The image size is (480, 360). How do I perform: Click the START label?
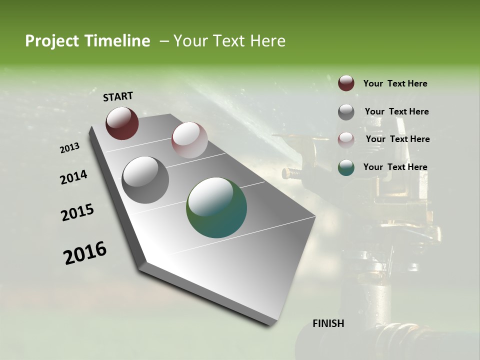pyautogui.click(x=118, y=96)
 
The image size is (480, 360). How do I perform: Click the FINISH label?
pyautogui.click(x=328, y=323)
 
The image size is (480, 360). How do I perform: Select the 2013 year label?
pyautogui.click(x=70, y=148)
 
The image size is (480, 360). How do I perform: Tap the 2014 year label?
pyautogui.click(x=74, y=177)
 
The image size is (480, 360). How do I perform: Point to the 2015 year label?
pyautogui.click(x=77, y=212)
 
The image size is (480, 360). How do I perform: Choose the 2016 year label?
pyautogui.click(x=85, y=252)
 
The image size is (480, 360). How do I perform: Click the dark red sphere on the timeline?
pyautogui.click(x=122, y=123)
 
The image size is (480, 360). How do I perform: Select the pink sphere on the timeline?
pyautogui.click(x=189, y=139)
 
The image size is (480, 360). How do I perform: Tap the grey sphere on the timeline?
pyautogui.click(x=145, y=179)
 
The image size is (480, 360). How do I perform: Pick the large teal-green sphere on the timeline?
pyautogui.click(x=216, y=207)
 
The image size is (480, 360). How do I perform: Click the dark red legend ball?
pyautogui.click(x=346, y=83)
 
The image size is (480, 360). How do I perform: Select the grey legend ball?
pyautogui.click(x=346, y=111)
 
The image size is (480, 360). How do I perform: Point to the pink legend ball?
pyautogui.click(x=346, y=139)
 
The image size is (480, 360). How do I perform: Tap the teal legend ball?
pyautogui.click(x=346, y=167)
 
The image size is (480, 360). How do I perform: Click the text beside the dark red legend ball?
pyautogui.click(x=395, y=83)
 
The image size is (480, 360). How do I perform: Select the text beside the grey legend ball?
pyautogui.click(x=396, y=111)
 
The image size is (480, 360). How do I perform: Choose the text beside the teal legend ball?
pyautogui.click(x=395, y=167)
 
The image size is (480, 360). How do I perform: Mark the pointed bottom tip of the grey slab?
pyautogui.click(x=270, y=325)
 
